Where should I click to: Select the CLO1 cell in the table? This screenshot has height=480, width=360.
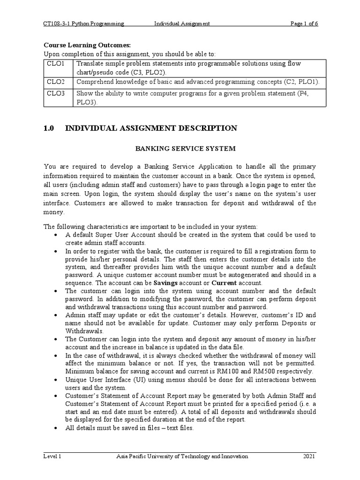(56, 64)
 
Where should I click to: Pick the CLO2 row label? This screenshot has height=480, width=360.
(56, 82)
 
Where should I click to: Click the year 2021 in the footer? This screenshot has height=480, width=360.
(309, 457)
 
